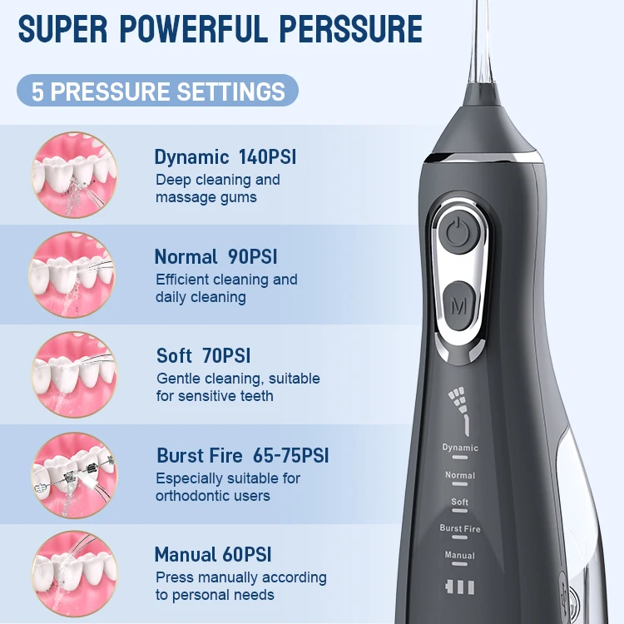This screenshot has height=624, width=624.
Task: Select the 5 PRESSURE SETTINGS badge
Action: [158, 91]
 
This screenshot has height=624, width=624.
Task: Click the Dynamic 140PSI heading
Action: [225, 157]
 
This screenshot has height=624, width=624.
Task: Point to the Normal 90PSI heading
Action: [216, 256]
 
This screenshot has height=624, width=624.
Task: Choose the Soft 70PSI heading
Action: [204, 356]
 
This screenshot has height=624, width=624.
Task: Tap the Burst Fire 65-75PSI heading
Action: [243, 456]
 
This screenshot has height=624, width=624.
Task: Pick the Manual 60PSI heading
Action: [213, 555]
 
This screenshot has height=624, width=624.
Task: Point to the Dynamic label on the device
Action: [460, 448]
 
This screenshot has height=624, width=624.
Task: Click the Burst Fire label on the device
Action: [460, 528]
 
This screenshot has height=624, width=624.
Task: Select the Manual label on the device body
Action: [460, 555]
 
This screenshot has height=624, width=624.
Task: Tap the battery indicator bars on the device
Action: [460, 587]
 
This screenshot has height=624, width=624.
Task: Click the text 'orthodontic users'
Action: [213, 496]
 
